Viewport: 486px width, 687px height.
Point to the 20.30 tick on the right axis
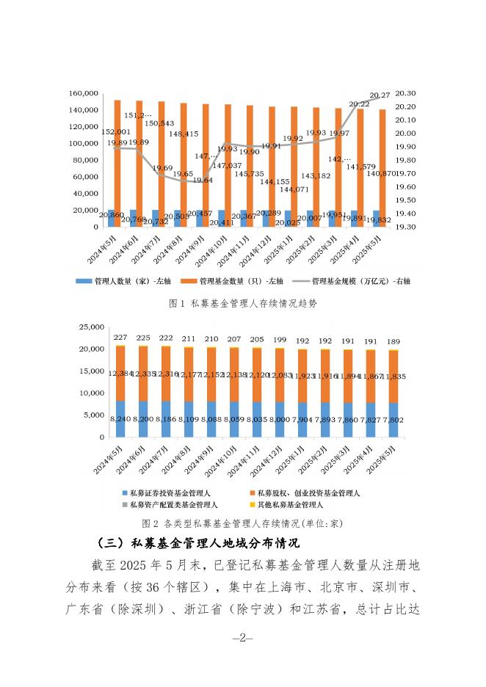point(405,94)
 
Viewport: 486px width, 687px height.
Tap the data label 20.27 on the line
point(380,95)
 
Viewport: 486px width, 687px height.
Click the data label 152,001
point(117,131)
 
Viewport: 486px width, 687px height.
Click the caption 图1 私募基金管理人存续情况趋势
point(242,302)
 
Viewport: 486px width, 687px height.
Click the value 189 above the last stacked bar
point(393,341)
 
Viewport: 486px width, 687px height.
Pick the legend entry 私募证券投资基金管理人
point(175,493)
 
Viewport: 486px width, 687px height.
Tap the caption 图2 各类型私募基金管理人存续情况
point(242,524)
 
